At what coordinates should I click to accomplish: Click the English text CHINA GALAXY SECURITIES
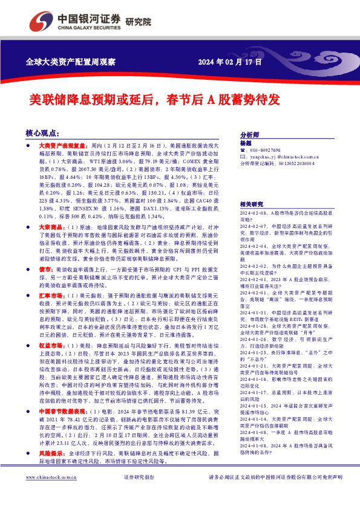point(90,27)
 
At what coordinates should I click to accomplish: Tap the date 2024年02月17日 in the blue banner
point(230,62)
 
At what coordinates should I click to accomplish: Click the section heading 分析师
point(249,135)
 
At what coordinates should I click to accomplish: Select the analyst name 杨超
point(246,143)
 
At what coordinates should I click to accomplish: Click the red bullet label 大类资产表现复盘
point(62,146)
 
